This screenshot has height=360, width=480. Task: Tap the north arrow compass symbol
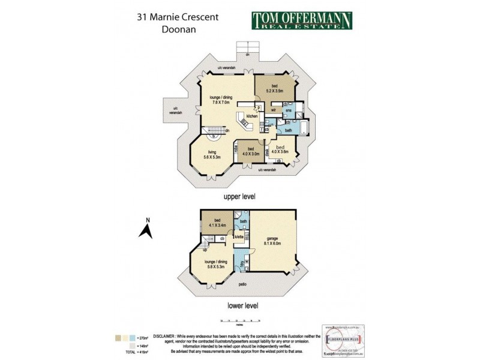coord(145,229)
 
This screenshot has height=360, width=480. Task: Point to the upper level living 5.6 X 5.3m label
coord(211,155)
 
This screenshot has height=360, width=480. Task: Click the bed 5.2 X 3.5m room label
coord(275,89)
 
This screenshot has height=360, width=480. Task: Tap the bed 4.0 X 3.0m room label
coord(251,151)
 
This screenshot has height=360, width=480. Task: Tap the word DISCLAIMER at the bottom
coord(164,337)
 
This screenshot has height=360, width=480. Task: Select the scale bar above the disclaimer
coord(240,321)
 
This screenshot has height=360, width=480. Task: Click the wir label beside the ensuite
coord(273,110)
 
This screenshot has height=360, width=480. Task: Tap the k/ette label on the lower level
coord(239,237)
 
